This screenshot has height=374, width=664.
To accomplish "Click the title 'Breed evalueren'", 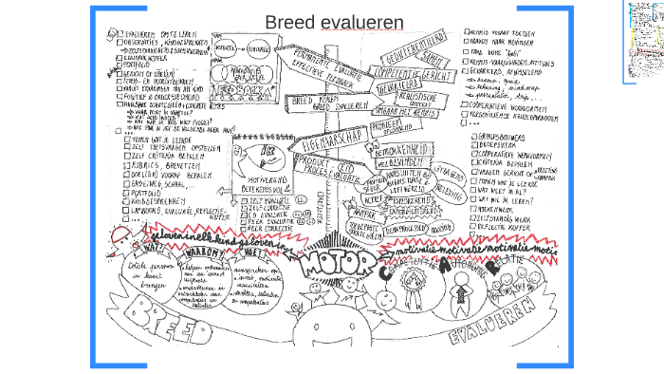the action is [x=333, y=23].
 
